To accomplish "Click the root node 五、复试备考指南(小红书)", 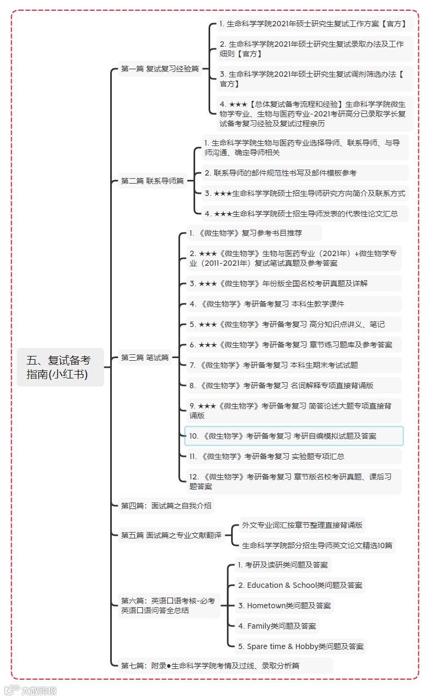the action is pyautogui.click(x=60, y=367).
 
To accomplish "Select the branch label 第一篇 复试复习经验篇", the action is pyautogui.click(x=160, y=69).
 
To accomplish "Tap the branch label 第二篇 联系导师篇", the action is pyautogui.click(x=152, y=181).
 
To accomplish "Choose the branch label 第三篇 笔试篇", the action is pyautogui.click(x=145, y=358).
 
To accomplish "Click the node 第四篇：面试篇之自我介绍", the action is pyautogui.click(x=166, y=506).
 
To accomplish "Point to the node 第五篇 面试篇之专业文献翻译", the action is pyautogui.click(x=171, y=535).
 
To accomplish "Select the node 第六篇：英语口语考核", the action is pyautogui.click(x=168, y=606).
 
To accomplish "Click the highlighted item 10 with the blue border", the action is pyautogui.click(x=293, y=436).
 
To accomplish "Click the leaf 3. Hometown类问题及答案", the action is pyautogui.click(x=284, y=606).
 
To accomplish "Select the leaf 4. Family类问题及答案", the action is pyautogui.click(x=277, y=626).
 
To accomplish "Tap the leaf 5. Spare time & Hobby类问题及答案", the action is pyautogui.click(x=300, y=646).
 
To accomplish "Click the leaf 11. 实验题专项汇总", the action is pyautogui.click(x=266, y=456).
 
